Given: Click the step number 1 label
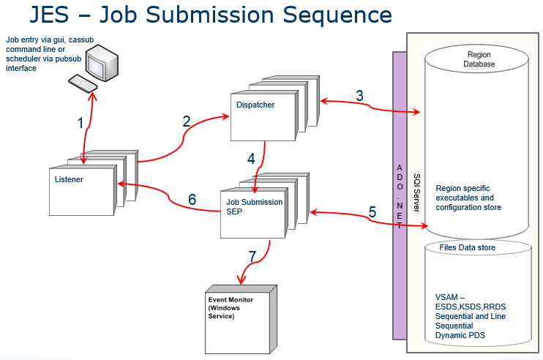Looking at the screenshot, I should pos(80,123).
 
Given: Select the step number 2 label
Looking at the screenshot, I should pos(187,121).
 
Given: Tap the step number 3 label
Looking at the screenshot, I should pos(359,96).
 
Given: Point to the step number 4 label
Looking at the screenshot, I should pos(251,158).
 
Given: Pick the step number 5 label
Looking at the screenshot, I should pos(372,212).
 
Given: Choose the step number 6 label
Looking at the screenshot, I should pos(192,199).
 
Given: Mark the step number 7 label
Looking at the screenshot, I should pos(252,256).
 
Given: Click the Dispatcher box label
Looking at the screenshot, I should pos(255,105).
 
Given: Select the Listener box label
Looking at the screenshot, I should pos(69,179).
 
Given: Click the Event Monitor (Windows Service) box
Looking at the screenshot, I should pos(238,310).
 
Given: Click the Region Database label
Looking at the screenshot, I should pos(480,59).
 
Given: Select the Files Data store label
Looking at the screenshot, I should pos(467,248).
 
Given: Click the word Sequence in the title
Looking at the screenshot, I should pos(329,15).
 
